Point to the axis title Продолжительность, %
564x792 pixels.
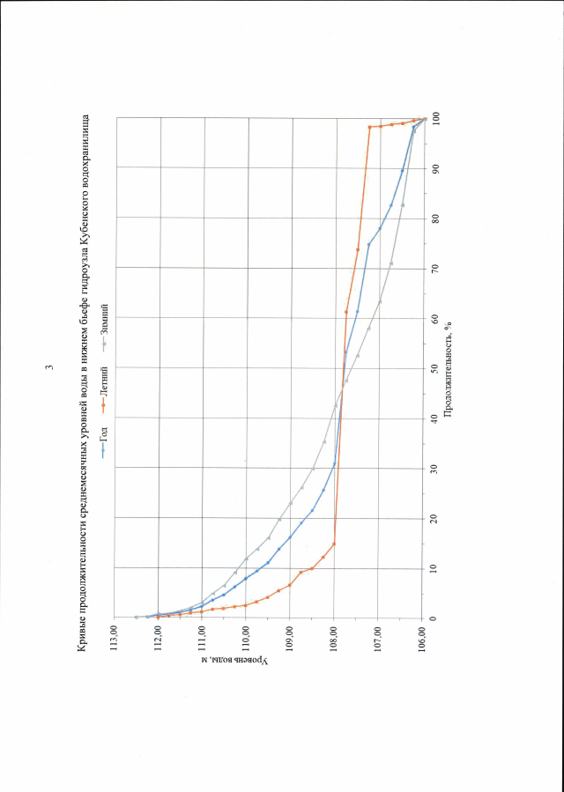coord(450,367)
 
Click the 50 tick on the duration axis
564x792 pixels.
coord(435,367)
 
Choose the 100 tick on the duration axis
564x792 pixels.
coord(435,117)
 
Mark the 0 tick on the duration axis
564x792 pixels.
coord(435,617)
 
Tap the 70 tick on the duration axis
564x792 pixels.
coord(435,267)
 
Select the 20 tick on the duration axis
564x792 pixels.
coord(435,517)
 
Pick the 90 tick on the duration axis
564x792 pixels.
coord(435,167)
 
